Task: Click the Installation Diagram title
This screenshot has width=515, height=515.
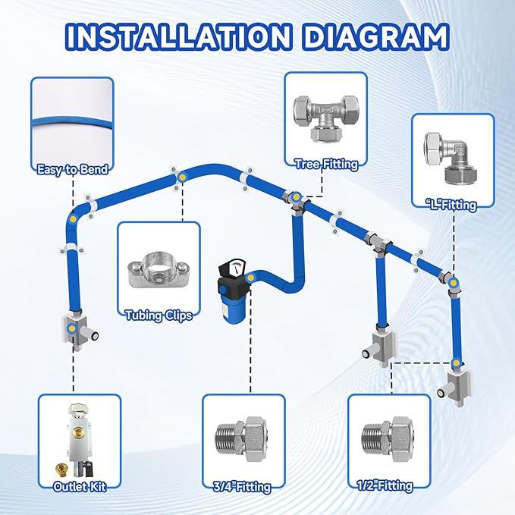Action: (257, 36)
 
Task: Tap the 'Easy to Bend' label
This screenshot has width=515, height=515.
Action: (72, 170)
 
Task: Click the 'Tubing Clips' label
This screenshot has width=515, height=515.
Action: (159, 316)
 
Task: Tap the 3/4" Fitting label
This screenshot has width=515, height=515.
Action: (243, 486)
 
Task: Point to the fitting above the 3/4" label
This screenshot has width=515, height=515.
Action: (243, 437)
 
